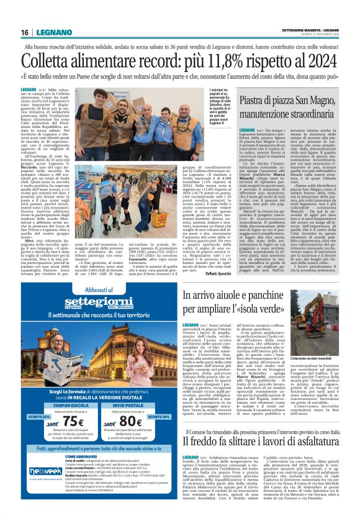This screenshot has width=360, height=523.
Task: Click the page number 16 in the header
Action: pos(24,32)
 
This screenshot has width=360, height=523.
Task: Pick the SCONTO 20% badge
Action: pos(178,399)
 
